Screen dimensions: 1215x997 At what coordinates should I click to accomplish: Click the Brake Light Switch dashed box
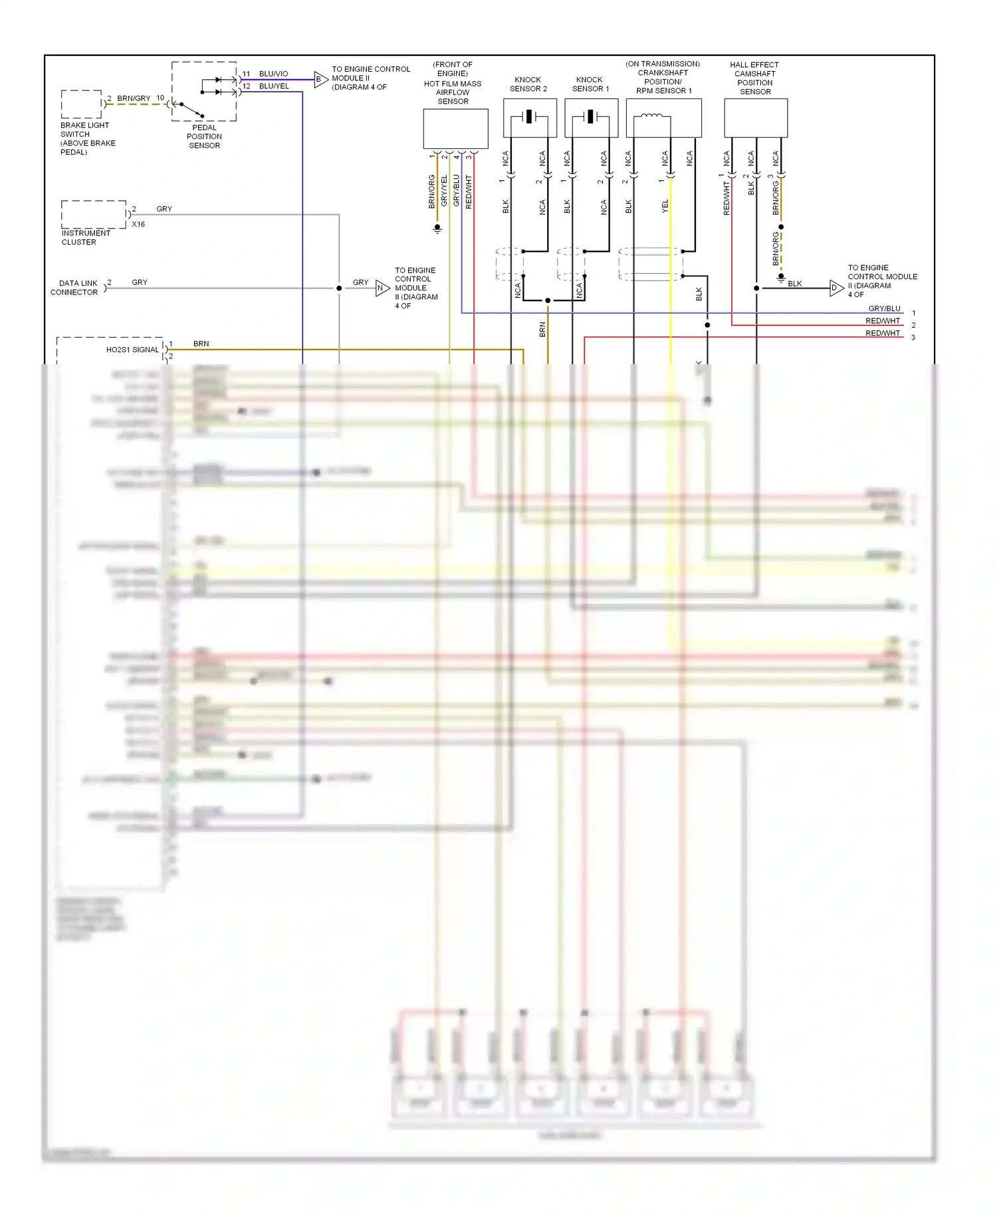tap(81, 104)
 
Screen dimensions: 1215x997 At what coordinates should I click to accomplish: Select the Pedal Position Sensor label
tap(204, 136)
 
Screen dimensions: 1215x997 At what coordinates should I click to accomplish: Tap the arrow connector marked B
tap(320, 79)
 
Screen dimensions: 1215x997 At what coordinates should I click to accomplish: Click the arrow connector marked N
tap(382, 288)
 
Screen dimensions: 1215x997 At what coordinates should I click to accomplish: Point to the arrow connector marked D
tap(835, 288)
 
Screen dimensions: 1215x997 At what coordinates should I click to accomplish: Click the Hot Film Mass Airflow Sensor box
tap(455, 129)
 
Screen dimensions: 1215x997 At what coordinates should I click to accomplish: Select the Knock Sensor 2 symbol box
tap(530, 118)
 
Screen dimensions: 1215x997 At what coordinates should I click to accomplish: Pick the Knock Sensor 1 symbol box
tap(591, 118)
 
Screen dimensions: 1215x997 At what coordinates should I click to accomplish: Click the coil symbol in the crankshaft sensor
tap(651, 117)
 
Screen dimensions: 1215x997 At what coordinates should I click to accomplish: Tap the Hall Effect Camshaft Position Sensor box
tap(756, 118)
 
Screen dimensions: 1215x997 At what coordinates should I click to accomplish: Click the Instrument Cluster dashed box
tap(94, 214)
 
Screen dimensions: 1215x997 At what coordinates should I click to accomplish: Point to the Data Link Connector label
tap(75, 288)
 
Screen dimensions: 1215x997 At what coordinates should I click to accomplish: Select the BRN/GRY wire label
tap(134, 98)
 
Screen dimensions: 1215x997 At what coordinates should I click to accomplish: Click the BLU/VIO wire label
tap(273, 74)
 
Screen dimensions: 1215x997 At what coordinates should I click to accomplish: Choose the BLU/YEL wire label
tap(274, 86)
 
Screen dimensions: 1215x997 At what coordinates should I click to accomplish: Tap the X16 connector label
tap(138, 225)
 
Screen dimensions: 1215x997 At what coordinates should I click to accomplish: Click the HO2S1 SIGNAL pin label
tap(132, 350)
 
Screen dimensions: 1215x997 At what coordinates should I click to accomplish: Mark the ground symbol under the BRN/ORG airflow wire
tap(437, 229)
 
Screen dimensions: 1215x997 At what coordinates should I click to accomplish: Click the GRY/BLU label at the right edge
tap(884, 308)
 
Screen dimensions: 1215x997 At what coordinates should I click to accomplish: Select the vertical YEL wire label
tap(665, 206)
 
